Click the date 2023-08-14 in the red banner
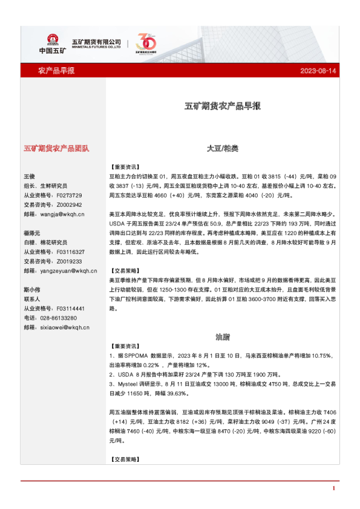click(x=318, y=71)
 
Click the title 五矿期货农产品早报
click(x=223, y=106)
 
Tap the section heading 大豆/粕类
click(x=223, y=148)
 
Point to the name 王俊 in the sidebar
click(x=30, y=176)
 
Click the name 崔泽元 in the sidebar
click(x=32, y=233)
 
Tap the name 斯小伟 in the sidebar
click(x=32, y=290)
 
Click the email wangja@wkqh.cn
click(x=62, y=214)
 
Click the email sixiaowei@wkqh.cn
click(x=63, y=328)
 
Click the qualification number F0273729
click(x=68, y=195)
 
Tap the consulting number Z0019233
click(x=68, y=261)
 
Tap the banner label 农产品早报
click(x=56, y=71)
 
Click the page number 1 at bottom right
click(x=333, y=488)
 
